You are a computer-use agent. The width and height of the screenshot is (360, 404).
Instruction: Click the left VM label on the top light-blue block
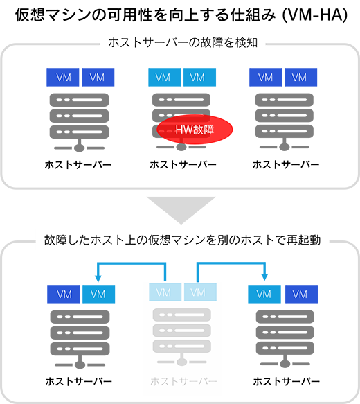pyautogui.click(x=163, y=78)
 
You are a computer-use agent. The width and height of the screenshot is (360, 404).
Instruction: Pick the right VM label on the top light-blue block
pyautogui.click(x=198, y=78)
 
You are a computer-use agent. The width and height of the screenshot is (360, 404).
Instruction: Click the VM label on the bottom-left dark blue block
pyautogui.click(x=62, y=294)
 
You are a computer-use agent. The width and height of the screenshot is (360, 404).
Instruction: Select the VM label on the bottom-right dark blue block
pyautogui.click(x=299, y=294)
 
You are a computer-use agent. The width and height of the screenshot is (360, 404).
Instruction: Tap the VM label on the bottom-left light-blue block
pyautogui.click(x=98, y=294)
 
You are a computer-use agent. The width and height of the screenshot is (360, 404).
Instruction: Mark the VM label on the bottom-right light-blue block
pyautogui.click(x=264, y=294)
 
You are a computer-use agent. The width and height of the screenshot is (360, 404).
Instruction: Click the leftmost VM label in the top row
pyautogui.click(x=62, y=78)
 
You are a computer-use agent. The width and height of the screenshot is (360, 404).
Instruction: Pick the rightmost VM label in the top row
pyautogui.click(x=299, y=78)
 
